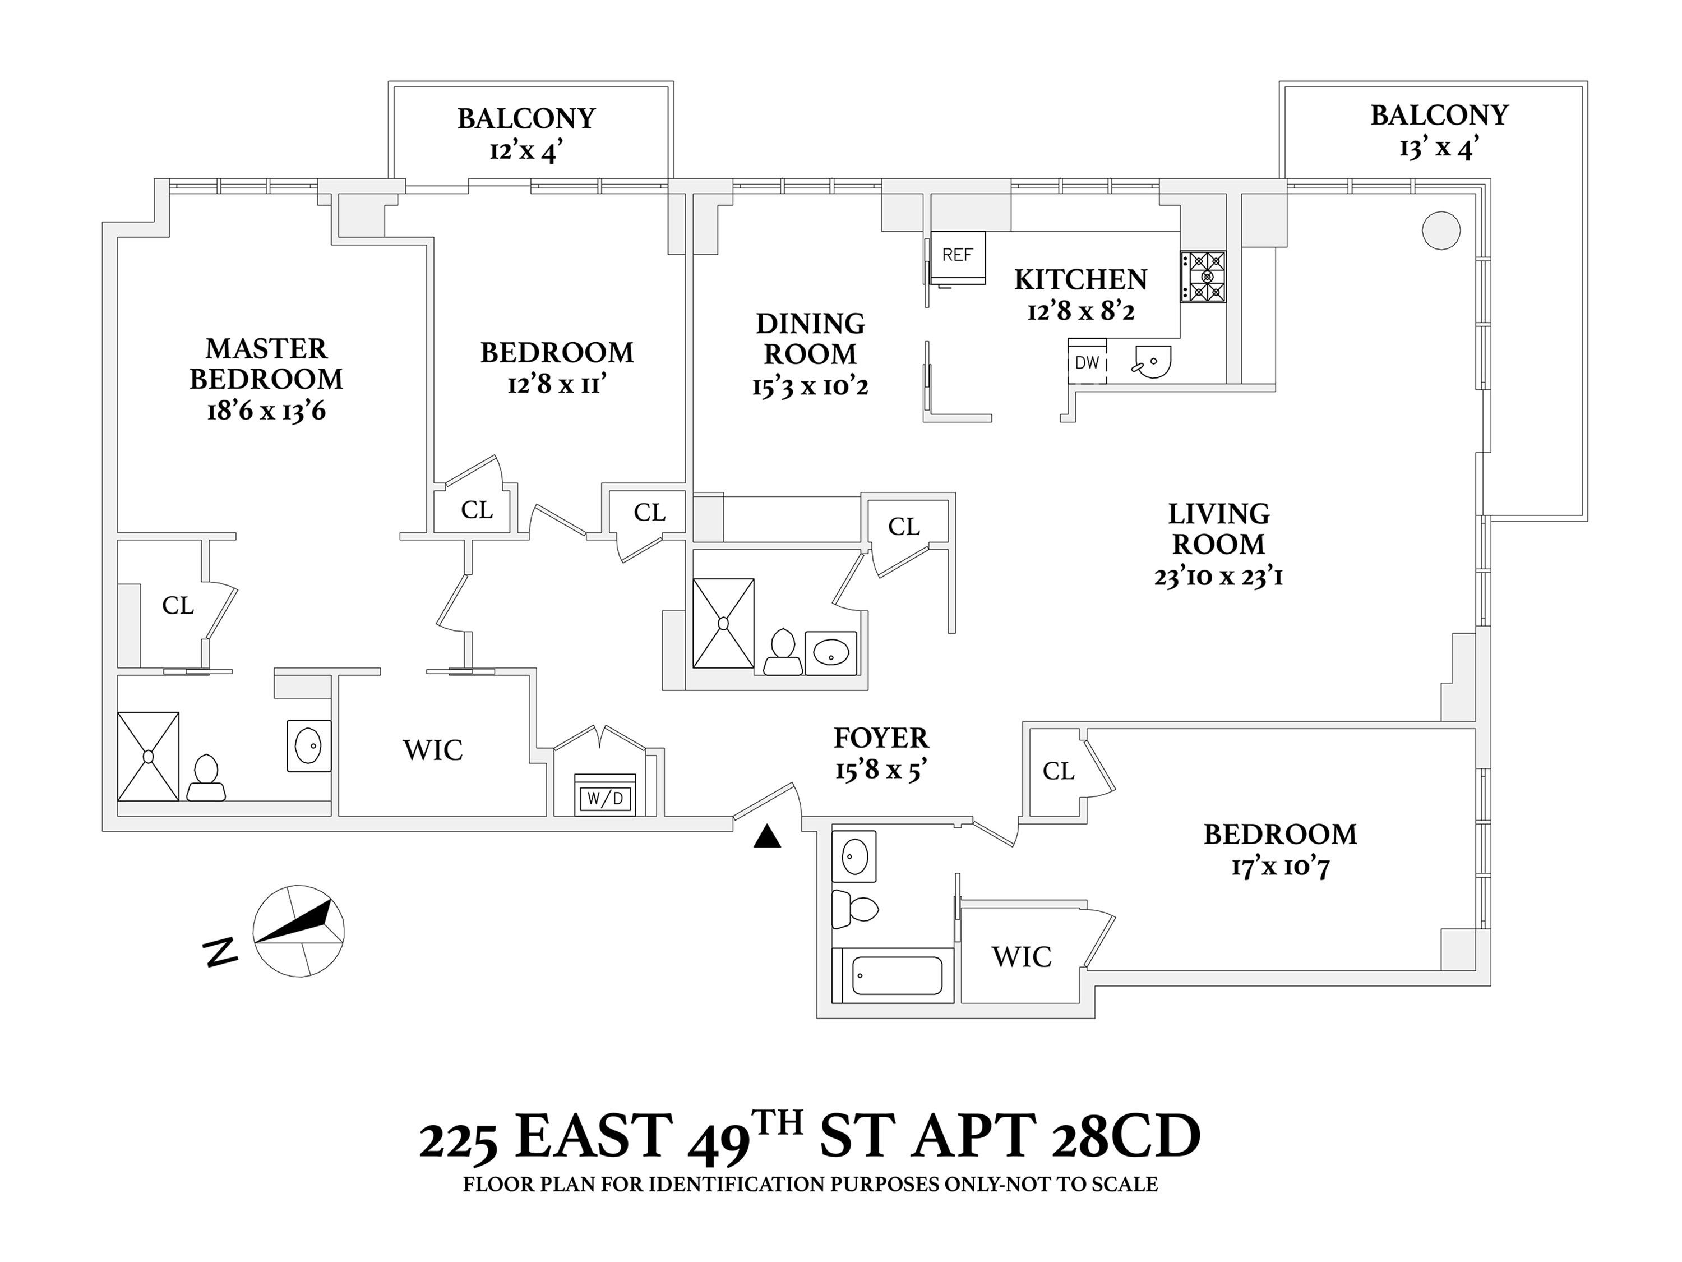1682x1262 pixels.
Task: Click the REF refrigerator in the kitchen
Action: (x=958, y=256)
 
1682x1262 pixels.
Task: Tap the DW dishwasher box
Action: (x=1087, y=362)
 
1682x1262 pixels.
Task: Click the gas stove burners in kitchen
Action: (x=1203, y=277)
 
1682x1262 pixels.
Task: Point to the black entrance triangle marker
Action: (x=767, y=837)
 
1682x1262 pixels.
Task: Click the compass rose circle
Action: (x=298, y=931)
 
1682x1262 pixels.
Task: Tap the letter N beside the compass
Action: (x=220, y=952)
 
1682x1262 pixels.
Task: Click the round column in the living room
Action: (x=1440, y=230)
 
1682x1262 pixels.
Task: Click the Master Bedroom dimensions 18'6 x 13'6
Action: (x=266, y=412)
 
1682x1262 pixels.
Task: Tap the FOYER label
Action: (x=881, y=738)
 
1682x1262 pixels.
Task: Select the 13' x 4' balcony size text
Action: (x=1439, y=148)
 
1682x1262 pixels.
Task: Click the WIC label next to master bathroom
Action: (x=433, y=750)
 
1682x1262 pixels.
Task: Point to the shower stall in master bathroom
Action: (x=148, y=756)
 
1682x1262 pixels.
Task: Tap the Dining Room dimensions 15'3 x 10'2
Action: (x=810, y=386)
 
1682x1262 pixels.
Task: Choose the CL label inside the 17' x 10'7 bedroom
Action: (x=1058, y=771)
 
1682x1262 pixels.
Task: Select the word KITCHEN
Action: (x=1080, y=280)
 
